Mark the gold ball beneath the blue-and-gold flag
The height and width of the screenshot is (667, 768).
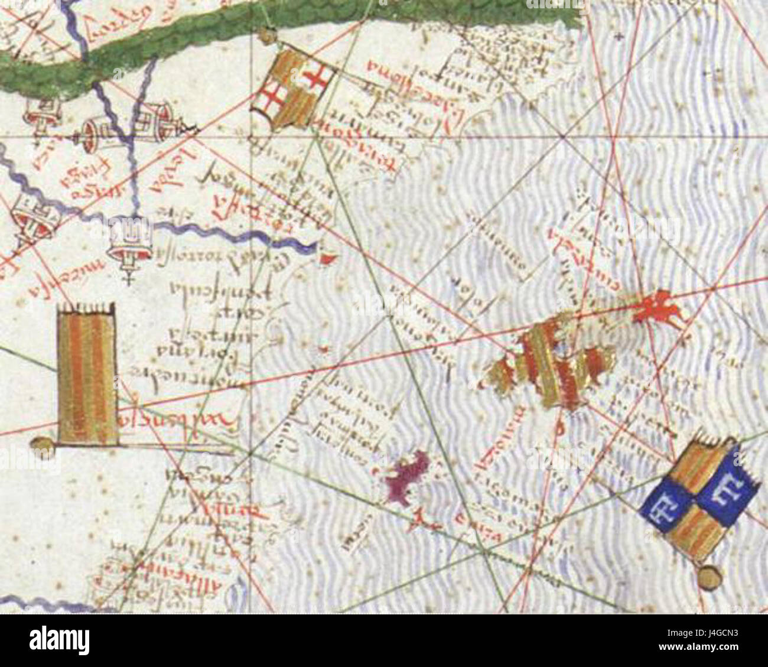click(710, 575)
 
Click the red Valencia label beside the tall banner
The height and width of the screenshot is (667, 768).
click(177, 421)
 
